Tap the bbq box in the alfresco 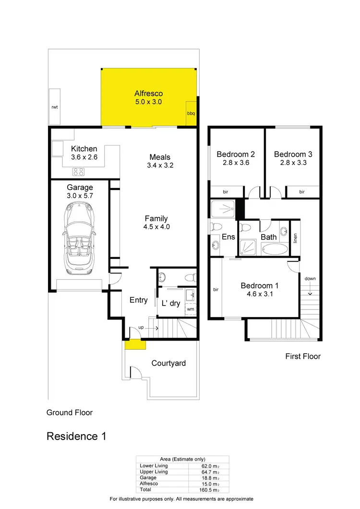click(x=191, y=114)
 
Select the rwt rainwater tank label click(x=54, y=107)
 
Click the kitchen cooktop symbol click(x=78, y=171)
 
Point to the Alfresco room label click(x=148, y=94)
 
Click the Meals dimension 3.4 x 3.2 click(x=160, y=166)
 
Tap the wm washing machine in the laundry click(x=190, y=309)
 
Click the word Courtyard click(x=168, y=363)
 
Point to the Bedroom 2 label click(x=235, y=154)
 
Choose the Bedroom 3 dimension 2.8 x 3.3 click(x=293, y=163)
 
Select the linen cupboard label click(x=295, y=238)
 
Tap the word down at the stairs click(x=310, y=278)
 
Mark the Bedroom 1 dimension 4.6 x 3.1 click(x=256, y=294)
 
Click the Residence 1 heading click(x=76, y=436)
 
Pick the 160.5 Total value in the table click(x=210, y=490)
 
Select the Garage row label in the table click(x=148, y=478)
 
